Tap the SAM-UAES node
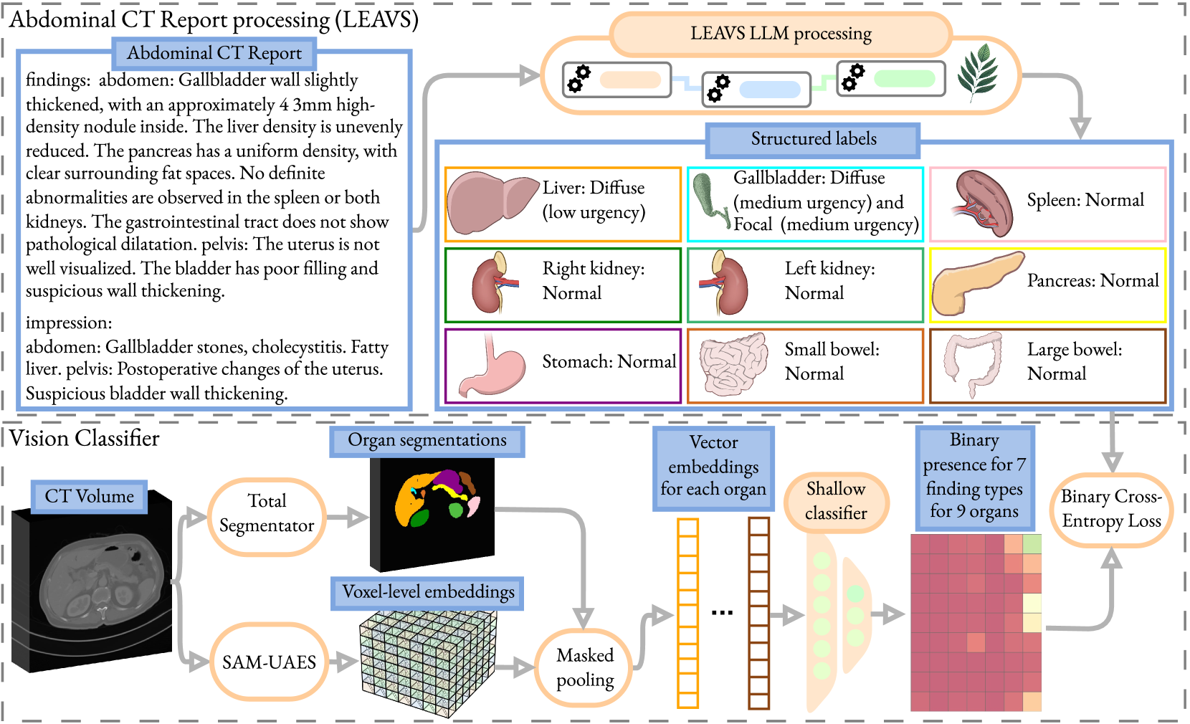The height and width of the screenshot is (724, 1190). point(269,662)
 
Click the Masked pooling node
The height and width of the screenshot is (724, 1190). point(584,667)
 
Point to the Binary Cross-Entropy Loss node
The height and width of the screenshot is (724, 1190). point(1111,509)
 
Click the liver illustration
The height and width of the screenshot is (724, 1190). point(492,202)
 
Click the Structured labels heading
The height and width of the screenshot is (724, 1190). point(814,139)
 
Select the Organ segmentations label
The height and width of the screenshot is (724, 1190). point(427,440)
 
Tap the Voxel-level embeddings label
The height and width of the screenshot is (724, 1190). point(428,592)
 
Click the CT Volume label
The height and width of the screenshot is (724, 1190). point(89,497)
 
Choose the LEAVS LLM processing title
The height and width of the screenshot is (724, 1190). point(781,34)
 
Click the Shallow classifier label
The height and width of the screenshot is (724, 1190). point(836,501)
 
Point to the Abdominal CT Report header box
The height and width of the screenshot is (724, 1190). point(214,53)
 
